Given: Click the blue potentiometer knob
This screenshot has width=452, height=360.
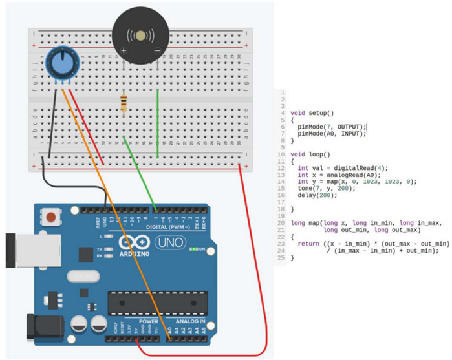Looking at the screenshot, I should [59, 65].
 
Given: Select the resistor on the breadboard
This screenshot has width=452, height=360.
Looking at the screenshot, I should [124, 103].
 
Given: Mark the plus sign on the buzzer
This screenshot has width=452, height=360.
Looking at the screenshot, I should [124, 50].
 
